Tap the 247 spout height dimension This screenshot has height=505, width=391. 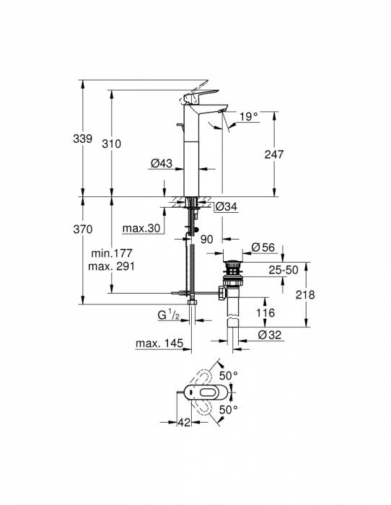(274, 154)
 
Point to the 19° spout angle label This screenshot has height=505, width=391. (248, 115)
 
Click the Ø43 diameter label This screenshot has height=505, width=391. (161, 164)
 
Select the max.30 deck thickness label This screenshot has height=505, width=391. (140, 229)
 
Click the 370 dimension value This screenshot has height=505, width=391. (84, 229)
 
